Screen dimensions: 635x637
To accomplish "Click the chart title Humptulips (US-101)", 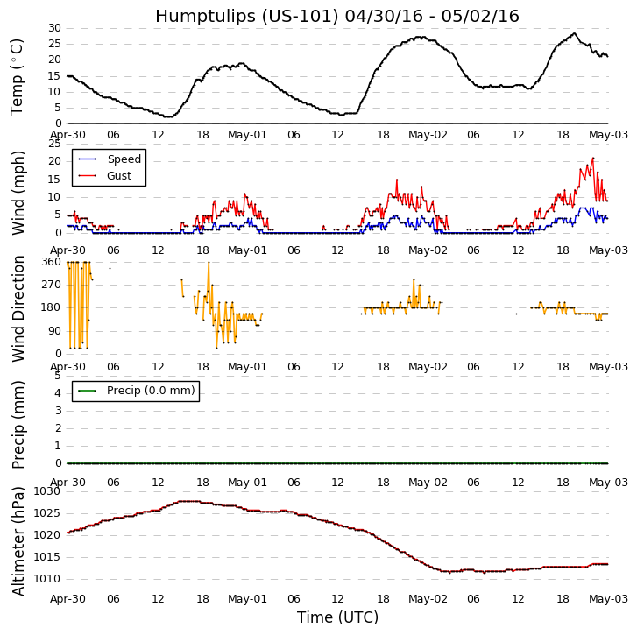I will (336, 17).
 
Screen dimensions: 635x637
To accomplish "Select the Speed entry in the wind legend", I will (124, 159).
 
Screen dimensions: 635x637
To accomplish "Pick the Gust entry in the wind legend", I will (119, 176).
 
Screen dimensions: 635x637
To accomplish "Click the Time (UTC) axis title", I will (337, 617).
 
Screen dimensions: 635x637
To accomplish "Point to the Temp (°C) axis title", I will (18, 76).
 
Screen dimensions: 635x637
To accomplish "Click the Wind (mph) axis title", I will (18, 192).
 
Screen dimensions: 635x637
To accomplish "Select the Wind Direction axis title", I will (18, 308).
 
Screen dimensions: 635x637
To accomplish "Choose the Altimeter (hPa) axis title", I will (18, 540).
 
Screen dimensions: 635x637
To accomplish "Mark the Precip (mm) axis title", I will (18, 424).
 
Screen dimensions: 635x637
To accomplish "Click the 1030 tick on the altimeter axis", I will (48, 491).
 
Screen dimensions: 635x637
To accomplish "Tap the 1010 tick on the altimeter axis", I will (48, 579).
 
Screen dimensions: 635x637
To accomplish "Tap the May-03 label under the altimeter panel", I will (608, 599).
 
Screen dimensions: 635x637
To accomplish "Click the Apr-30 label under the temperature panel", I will (67, 137).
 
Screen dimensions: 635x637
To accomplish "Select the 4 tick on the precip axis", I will (58, 393).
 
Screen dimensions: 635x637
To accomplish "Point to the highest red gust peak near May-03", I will (593, 159).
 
